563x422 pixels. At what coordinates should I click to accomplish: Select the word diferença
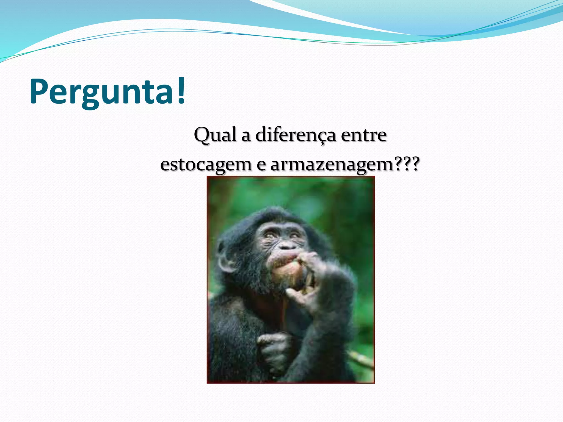tap(296, 135)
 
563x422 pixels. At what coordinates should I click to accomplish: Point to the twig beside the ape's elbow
tap(360, 359)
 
